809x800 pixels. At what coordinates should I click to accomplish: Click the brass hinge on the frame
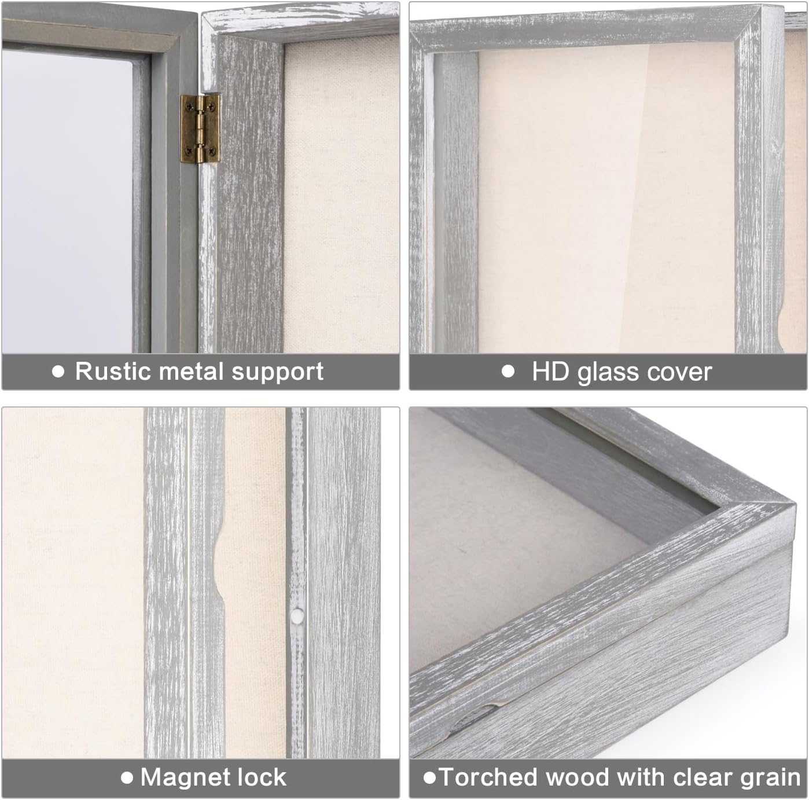(x=200, y=128)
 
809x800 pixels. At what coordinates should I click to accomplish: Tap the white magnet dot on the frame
(x=297, y=618)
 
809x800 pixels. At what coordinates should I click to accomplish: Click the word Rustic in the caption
(x=109, y=371)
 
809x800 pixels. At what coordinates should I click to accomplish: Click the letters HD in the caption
(x=550, y=372)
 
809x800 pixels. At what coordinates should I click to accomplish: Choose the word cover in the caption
(x=680, y=372)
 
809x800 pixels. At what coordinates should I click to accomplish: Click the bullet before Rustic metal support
(x=58, y=372)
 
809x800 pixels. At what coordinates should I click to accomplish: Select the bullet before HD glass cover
(x=508, y=372)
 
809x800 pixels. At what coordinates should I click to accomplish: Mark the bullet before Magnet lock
(x=127, y=777)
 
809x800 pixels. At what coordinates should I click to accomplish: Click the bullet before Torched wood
(x=429, y=777)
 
